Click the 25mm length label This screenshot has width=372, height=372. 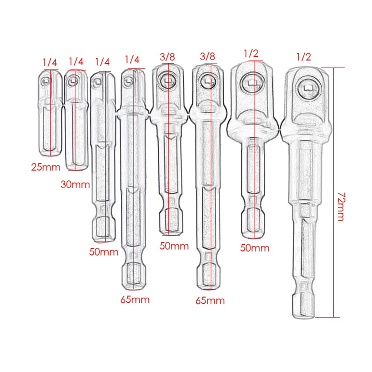46,167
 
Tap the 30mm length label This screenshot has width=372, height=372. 75,185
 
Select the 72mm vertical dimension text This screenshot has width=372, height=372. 341,206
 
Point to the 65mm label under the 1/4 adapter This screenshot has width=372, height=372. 135,300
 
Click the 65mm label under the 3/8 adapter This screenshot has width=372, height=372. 210,301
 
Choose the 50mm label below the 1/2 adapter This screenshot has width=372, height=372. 255,248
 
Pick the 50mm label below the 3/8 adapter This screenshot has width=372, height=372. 174,246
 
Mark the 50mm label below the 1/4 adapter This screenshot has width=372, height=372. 104,252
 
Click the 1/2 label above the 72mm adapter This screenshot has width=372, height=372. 304,57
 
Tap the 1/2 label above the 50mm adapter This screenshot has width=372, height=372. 251,54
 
